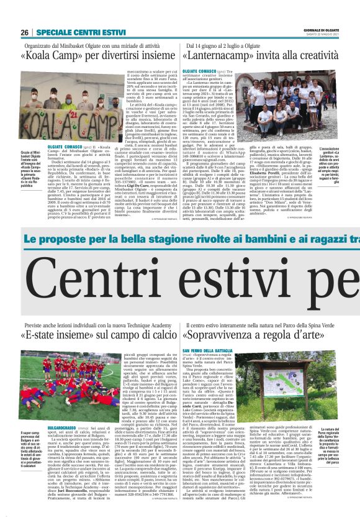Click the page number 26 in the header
pyautogui.click(x=24, y=32)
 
